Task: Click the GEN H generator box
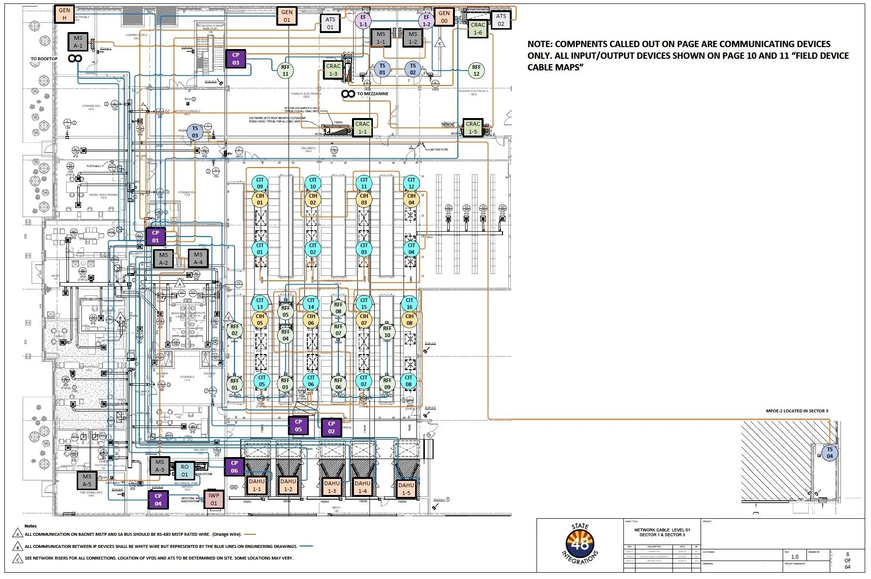coord(64,14)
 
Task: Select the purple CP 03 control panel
coord(235,59)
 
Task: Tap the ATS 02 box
coord(501,20)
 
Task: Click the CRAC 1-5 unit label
coord(472,128)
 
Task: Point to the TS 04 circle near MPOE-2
coord(830,453)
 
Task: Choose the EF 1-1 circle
coord(363,20)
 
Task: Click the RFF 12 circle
coord(476,70)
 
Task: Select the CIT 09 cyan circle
coord(260,183)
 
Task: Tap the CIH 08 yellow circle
coord(409,320)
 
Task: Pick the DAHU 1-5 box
coord(406,489)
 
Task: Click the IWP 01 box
coord(214,499)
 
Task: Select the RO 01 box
coord(184,471)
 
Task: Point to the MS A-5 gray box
coord(87,480)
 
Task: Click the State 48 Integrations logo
coord(581,544)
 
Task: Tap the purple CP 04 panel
coord(158,500)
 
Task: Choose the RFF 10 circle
coord(387,332)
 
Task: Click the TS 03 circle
coord(195,132)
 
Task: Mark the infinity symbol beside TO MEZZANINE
coord(348,94)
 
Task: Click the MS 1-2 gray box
coord(413,38)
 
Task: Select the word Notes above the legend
coord(31,526)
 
